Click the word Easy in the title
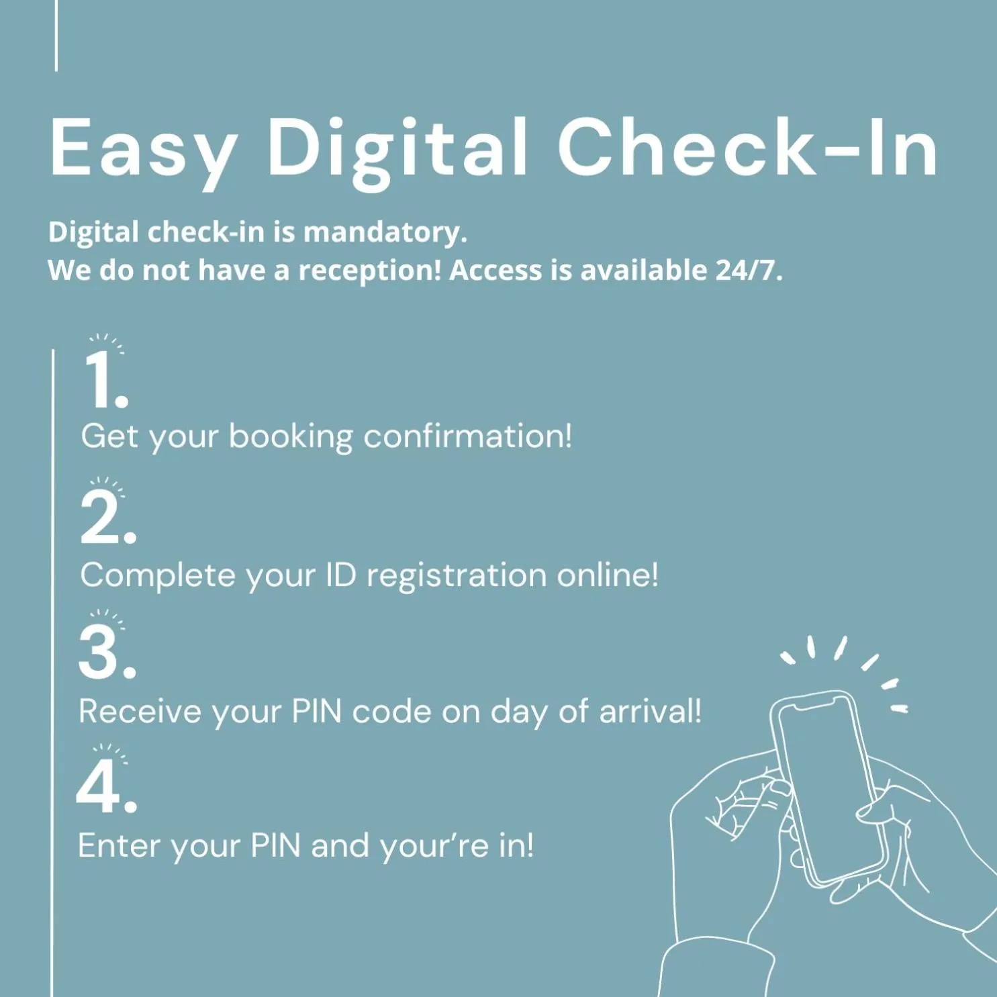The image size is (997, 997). pos(143,149)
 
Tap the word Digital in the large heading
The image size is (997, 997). pos(397,149)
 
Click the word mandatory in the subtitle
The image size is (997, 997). pos(385,233)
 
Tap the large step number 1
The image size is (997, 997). pos(105,379)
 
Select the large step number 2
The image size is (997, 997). pos(107,517)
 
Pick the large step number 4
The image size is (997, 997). pos(107,787)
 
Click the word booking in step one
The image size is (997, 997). pos(291,438)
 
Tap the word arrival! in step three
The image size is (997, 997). pos(650,712)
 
